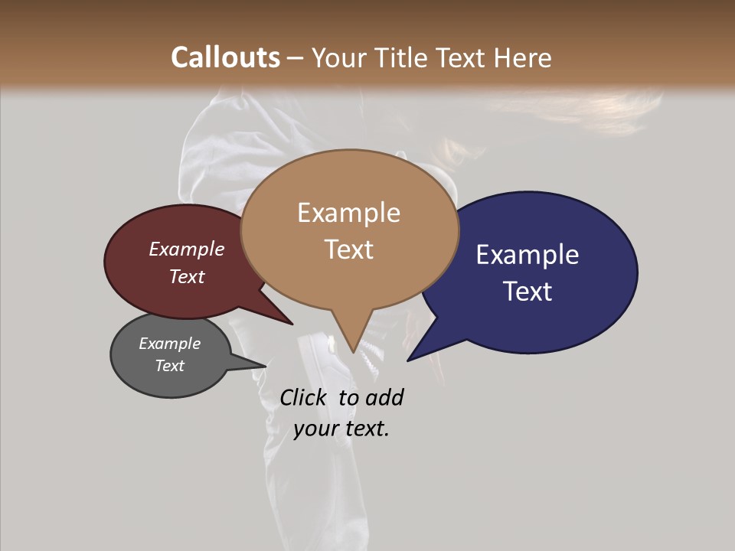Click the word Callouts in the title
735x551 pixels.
point(225,57)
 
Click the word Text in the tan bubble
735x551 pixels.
point(349,249)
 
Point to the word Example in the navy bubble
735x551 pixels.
point(528,254)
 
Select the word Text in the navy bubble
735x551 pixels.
point(528,291)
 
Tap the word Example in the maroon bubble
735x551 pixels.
point(187,249)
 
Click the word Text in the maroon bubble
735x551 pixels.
point(187,276)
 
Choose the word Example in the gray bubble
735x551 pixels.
point(169,344)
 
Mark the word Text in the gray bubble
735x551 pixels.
point(169,366)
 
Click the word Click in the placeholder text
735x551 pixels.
point(305,397)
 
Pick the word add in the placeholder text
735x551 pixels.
point(384,397)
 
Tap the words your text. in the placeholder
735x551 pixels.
point(341,429)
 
